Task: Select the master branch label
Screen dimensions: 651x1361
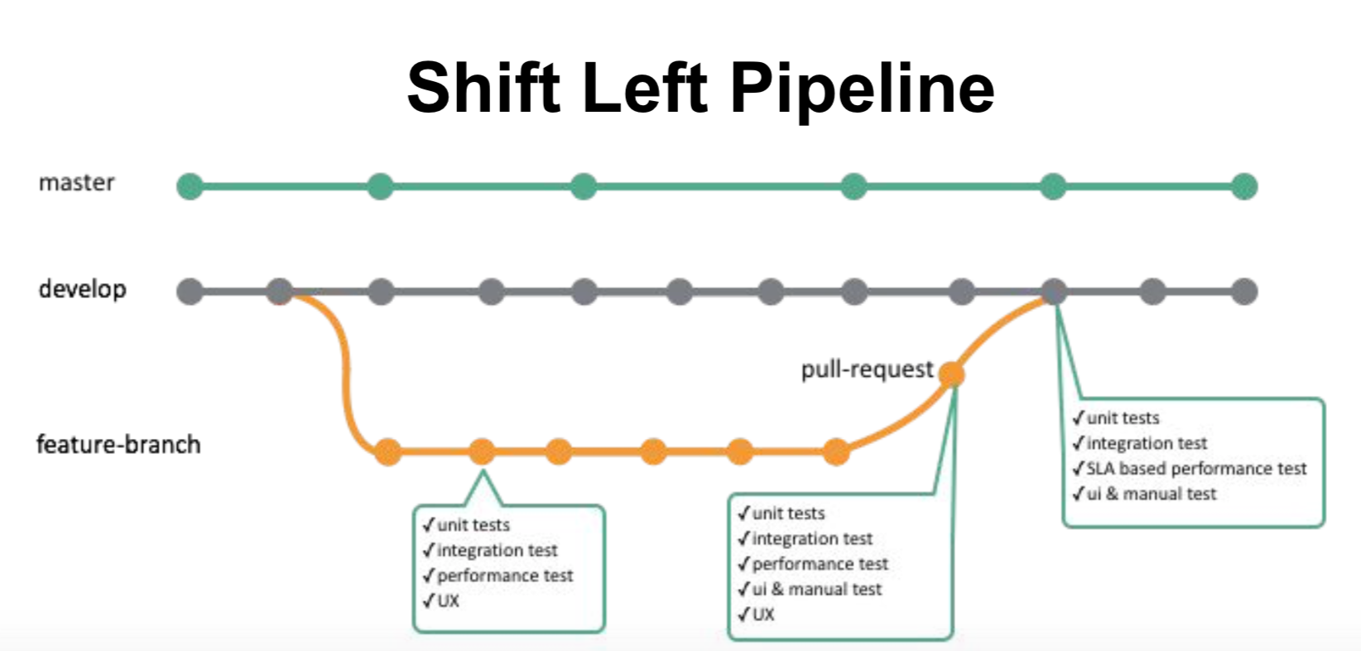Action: click(76, 182)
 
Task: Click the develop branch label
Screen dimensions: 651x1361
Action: click(82, 289)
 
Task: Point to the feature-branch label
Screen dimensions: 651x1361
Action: click(118, 445)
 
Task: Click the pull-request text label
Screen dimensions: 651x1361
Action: click(867, 369)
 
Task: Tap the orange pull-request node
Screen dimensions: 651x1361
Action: click(952, 374)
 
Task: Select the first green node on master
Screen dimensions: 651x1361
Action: click(190, 186)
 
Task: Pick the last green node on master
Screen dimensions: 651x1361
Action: click(1244, 186)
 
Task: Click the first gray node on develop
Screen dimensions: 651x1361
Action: click(190, 292)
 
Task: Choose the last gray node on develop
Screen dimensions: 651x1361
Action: click(1244, 292)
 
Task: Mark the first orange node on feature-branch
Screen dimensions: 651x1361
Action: click(387, 452)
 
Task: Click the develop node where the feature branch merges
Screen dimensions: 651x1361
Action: click(1054, 292)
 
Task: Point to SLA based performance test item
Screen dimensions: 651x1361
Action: click(1195, 469)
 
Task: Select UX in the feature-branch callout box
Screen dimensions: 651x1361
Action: click(448, 601)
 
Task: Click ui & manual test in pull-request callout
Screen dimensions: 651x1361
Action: click(816, 590)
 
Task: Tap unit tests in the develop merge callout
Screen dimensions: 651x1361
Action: click(1123, 418)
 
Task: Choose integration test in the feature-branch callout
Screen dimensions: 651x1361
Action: click(497, 551)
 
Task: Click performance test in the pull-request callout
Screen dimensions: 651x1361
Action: click(820, 564)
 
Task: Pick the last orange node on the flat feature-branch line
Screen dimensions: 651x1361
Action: click(836, 452)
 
